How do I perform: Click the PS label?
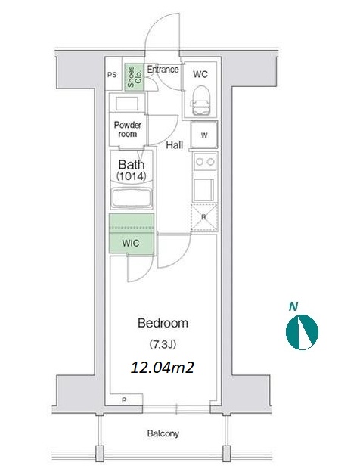[x=112, y=74]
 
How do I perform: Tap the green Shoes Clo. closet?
[x=135, y=76]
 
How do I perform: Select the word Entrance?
[x=163, y=70]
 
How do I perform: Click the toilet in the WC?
[x=200, y=101]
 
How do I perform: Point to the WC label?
[x=200, y=74]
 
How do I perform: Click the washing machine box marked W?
[x=204, y=135]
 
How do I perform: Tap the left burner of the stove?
[x=199, y=162]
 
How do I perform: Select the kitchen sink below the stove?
[x=203, y=190]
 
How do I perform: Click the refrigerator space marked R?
[x=203, y=217]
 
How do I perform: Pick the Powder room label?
[x=127, y=129]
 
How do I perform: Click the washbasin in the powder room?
[x=127, y=104]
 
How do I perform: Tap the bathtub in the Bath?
[x=132, y=198]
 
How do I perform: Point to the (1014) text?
[x=132, y=175]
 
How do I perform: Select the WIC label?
[x=131, y=243]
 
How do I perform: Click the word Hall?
[x=175, y=145]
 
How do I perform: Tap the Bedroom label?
[x=163, y=323]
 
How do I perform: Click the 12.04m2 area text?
[x=162, y=368]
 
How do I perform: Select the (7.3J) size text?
[x=163, y=344]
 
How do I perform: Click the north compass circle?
[x=302, y=332]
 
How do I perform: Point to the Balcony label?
[x=163, y=433]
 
